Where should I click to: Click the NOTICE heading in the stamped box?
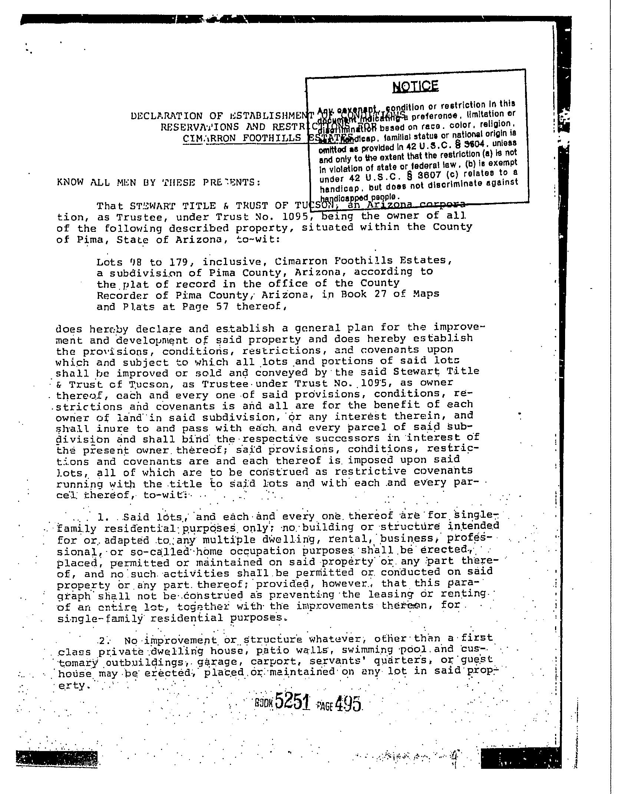pos(415,86)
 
